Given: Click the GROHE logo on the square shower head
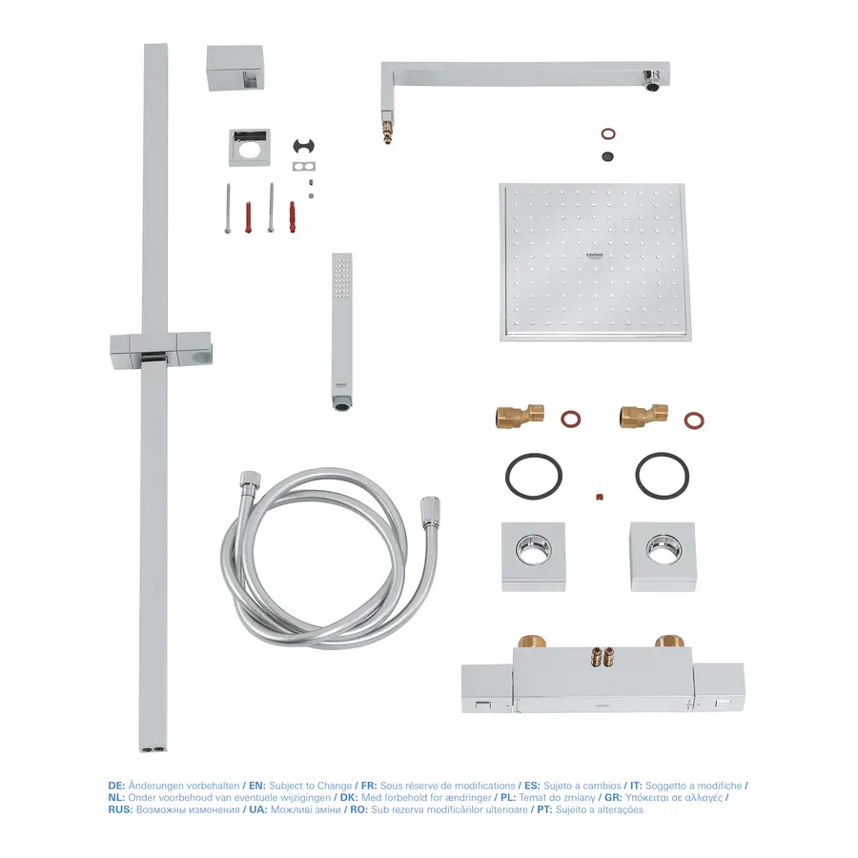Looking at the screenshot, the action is coord(594,255).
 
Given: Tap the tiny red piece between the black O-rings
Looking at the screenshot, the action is coord(600,497).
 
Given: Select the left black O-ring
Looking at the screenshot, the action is coord(534,476).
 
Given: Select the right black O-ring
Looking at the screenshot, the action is coord(663,476).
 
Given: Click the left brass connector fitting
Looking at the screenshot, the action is coord(520,416).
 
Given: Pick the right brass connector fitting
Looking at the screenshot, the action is coord(643,416).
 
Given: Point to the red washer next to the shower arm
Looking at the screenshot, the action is coord(608,133).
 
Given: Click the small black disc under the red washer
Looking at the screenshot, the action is coord(607,156).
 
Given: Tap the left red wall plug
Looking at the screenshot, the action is coord(249,217).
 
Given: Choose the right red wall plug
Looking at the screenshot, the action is coord(293,217).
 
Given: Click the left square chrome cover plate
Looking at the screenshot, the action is coord(534,557).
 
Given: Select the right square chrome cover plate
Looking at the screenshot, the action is coord(663,557).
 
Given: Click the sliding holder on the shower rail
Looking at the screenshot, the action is coord(161,350).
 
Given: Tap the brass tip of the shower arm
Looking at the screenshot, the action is coord(387,133).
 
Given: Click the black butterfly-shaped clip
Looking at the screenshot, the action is coord(304,146).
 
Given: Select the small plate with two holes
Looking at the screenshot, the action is coord(304,166).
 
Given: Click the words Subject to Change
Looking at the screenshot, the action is coord(311,786).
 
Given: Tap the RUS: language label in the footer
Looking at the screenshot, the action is coord(120,809).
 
